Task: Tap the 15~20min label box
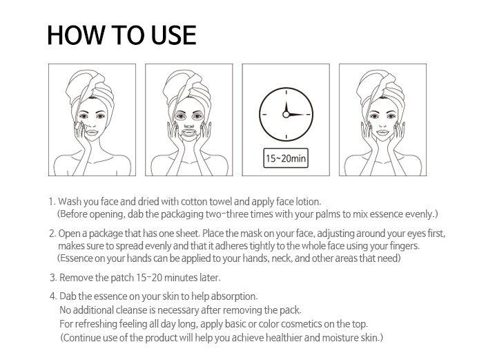(286, 158)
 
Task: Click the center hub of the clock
(286, 115)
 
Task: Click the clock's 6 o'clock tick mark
(286, 137)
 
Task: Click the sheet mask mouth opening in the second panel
(189, 133)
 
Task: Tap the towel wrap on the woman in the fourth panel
(381, 87)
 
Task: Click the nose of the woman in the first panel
(92, 124)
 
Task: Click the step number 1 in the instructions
(52, 202)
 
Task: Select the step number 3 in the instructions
(53, 278)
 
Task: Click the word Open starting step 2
(68, 234)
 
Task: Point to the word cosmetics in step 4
(302, 324)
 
